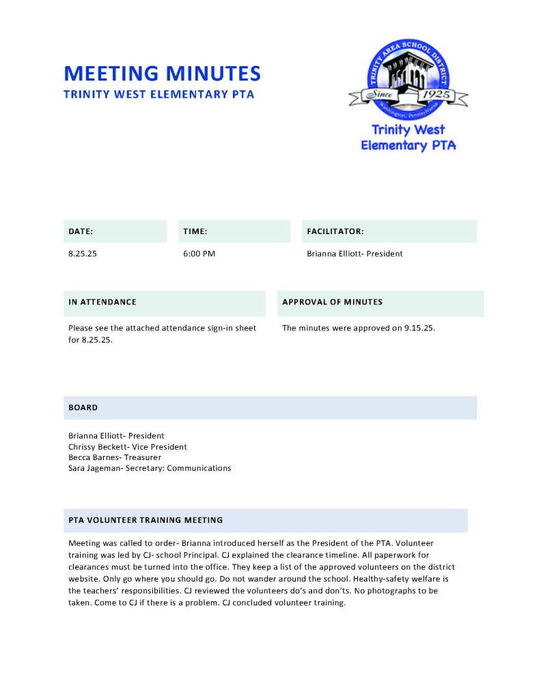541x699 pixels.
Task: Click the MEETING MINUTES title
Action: tap(162, 73)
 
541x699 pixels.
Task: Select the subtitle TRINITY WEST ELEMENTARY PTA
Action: tap(158, 94)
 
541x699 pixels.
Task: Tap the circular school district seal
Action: tap(408, 76)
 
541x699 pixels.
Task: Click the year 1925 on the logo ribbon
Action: tap(434, 95)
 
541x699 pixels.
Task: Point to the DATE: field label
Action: tap(81, 232)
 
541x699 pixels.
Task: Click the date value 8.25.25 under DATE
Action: tap(83, 254)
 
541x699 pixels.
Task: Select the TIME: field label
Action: tap(195, 232)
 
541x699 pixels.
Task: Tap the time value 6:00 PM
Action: tap(199, 254)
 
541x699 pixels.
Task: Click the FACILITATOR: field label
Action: tap(335, 232)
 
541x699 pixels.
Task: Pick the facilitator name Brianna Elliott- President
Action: tap(355, 254)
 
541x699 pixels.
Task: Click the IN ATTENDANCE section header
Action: tap(102, 302)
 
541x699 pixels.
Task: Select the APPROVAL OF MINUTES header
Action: tap(332, 302)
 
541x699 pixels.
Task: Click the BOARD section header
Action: tap(83, 408)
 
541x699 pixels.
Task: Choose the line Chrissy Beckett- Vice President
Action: tap(127, 446)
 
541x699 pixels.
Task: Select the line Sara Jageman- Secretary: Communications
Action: tap(150, 468)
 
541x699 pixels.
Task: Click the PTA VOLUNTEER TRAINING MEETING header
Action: tap(145, 520)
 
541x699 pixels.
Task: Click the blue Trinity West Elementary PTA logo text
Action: tap(408, 137)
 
